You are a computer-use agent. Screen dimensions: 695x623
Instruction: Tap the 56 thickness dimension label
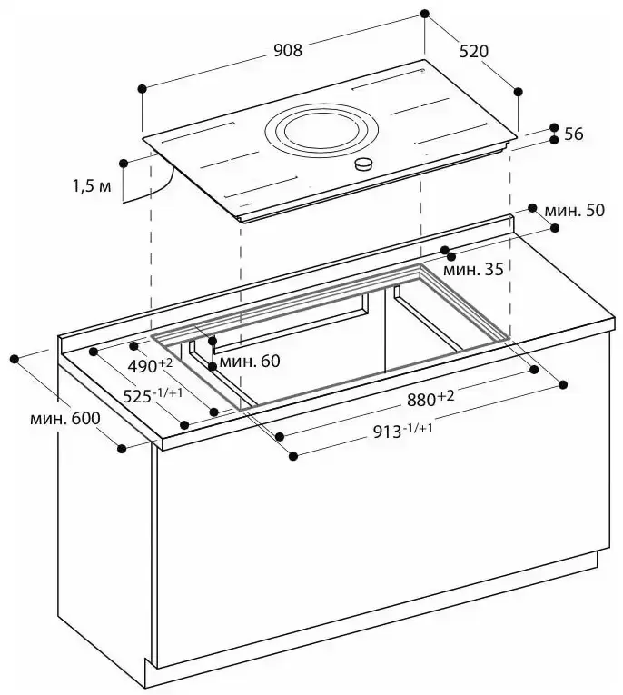[573, 134]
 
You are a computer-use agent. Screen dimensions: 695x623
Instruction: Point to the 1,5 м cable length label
[92, 186]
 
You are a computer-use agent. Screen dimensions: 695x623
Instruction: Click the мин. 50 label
[575, 211]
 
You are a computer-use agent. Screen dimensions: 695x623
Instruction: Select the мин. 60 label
[249, 361]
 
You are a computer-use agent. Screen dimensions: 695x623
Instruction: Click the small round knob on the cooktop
[364, 164]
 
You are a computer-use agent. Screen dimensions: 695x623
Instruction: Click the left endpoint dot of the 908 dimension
[142, 88]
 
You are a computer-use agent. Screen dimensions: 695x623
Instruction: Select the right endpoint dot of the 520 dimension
[518, 91]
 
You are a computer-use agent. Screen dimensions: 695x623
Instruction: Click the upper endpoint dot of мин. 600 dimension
[15, 359]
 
